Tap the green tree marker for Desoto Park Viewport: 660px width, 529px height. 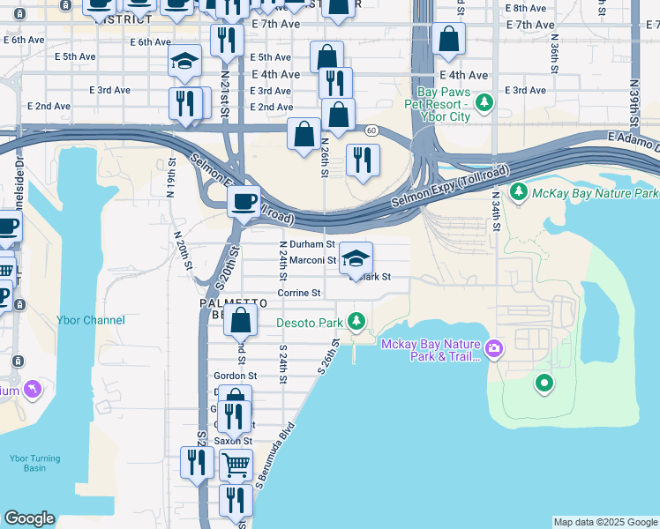(356, 321)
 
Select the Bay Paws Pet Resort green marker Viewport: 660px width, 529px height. (484, 104)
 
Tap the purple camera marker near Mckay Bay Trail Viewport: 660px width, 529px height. (493, 350)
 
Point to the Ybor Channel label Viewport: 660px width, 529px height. (91, 320)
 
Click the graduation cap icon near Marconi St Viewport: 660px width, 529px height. (356, 258)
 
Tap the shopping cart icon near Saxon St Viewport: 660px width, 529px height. (236, 463)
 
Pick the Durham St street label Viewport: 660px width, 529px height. (311, 244)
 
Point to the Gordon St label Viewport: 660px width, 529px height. (235, 376)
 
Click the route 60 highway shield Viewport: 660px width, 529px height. (372, 130)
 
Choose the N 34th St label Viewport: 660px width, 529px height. (497, 212)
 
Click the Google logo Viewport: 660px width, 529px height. (30, 518)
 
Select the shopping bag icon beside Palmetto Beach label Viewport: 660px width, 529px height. (240, 322)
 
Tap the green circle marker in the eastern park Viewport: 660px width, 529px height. (544, 383)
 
